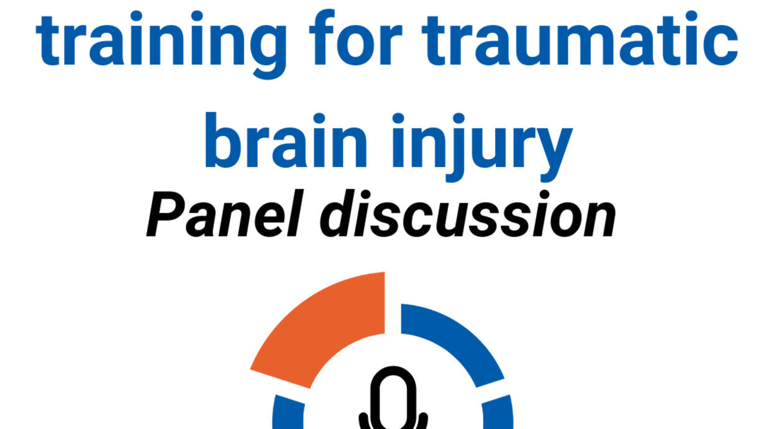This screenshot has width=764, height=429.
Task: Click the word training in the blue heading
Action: click(x=161, y=44)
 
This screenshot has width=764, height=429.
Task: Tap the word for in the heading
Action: click(x=356, y=37)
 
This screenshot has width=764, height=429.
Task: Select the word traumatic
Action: click(x=580, y=37)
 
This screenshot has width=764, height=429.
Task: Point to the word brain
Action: click(x=286, y=140)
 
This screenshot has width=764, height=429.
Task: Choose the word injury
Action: click(x=482, y=147)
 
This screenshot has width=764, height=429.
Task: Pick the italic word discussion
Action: click(x=468, y=213)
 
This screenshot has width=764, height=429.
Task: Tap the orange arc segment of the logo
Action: click(x=317, y=330)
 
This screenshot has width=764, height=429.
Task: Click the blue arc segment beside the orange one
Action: click(x=453, y=345)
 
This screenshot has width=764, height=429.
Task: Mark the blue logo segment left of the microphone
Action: click(x=289, y=412)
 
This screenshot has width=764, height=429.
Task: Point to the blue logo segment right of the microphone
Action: click(x=498, y=412)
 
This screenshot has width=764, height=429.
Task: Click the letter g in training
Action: click(x=268, y=51)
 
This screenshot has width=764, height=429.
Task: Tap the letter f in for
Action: click(x=322, y=37)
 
